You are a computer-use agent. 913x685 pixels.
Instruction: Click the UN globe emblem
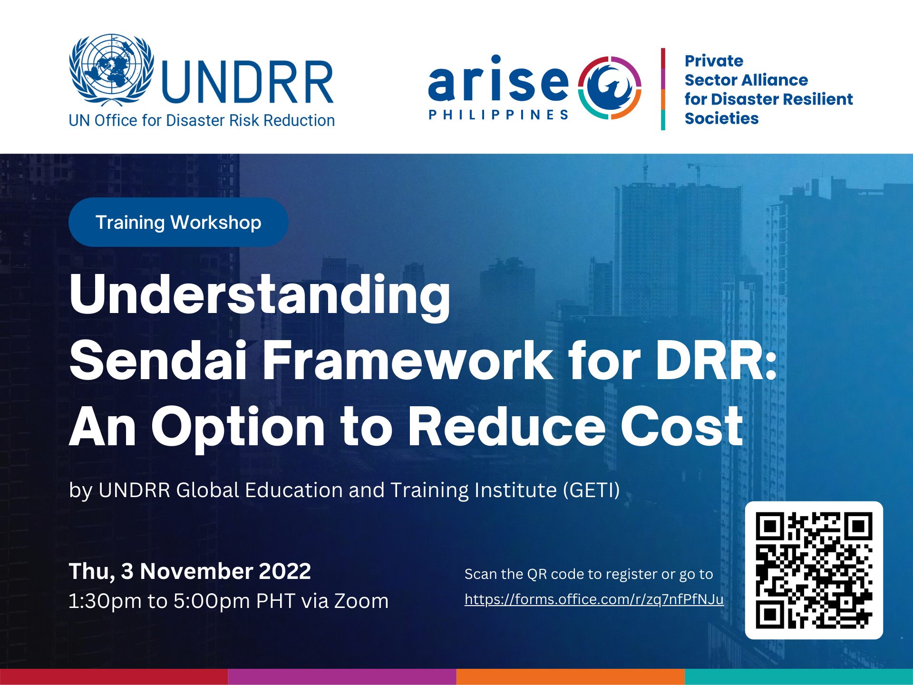pyautogui.click(x=112, y=69)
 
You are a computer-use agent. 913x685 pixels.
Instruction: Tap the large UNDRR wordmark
pyautogui.click(x=247, y=82)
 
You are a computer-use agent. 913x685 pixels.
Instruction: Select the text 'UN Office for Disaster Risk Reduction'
pyautogui.click(x=202, y=121)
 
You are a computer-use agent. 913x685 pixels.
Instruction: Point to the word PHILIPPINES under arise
pyautogui.click(x=498, y=115)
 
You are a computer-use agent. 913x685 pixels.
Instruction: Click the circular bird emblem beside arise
pyautogui.click(x=610, y=88)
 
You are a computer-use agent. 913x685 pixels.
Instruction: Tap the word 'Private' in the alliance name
pyautogui.click(x=714, y=61)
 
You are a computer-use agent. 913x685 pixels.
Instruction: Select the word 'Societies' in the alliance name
pyautogui.click(x=721, y=118)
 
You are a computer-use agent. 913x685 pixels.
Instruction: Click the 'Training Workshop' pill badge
pyautogui.click(x=178, y=222)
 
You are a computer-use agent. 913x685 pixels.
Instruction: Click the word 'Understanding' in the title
pyautogui.click(x=260, y=295)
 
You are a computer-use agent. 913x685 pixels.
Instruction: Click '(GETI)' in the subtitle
pyautogui.click(x=592, y=490)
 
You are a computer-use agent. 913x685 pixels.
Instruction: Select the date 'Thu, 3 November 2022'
pyautogui.click(x=190, y=571)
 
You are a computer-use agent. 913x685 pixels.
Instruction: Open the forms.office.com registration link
pyautogui.click(x=594, y=599)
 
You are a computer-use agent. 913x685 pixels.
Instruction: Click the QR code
pyautogui.click(x=814, y=570)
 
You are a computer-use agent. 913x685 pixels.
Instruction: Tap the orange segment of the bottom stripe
pyautogui.click(x=571, y=677)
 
